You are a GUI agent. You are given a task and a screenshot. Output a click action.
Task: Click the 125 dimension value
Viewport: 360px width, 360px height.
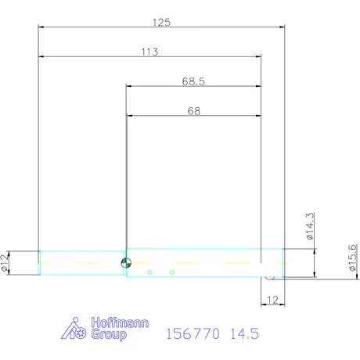click(x=161, y=23)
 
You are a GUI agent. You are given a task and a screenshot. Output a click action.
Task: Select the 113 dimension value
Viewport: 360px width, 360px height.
click(x=149, y=52)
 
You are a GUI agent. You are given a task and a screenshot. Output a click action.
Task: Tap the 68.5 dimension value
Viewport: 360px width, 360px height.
click(x=193, y=81)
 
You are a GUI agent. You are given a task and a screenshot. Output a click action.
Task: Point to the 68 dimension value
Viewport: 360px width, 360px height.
click(x=194, y=111)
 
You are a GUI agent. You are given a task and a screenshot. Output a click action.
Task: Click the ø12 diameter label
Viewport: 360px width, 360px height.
click(x=5, y=263)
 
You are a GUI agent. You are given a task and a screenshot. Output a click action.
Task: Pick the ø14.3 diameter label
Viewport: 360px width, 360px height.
click(x=310, y=226)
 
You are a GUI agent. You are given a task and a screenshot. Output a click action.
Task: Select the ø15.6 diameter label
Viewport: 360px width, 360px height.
click(x=353, y=257)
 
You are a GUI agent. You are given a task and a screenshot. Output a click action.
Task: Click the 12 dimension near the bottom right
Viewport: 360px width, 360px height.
click(x=272, y=300)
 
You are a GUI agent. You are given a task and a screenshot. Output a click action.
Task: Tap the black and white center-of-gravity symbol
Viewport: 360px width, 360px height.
click(x=126, y=263)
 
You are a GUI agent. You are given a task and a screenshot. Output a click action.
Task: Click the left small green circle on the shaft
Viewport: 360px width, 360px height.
click(x=149, y=272)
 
